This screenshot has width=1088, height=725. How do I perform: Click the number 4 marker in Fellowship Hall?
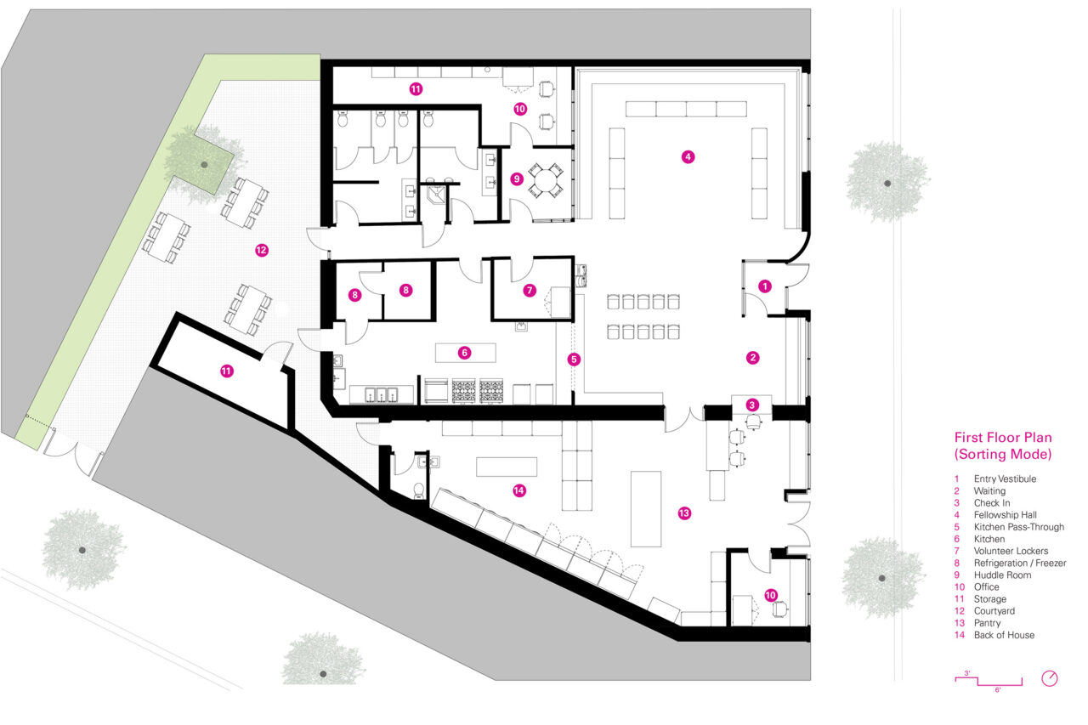coord(688,156)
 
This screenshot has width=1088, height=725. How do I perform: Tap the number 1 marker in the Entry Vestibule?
coord(764,286)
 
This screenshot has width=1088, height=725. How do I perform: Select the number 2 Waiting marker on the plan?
coord(752,358)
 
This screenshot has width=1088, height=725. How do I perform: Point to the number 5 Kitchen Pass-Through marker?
coord(574,360)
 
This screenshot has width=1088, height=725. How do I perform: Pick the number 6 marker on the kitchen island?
coord(464,352)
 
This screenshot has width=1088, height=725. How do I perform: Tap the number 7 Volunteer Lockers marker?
coord(530,290)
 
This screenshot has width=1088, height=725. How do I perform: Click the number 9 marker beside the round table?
coord(516,179)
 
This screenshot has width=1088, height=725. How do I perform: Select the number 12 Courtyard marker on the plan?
coord(261,250)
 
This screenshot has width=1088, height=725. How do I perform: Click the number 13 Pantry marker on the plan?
coord(684,513)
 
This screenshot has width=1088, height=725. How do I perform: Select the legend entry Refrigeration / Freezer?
coord(1020,563)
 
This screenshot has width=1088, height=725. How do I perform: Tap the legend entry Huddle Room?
coord(1002,575)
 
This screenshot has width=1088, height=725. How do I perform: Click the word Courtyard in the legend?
coord(994,611)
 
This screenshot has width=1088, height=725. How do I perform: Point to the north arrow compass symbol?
coord(1050,678)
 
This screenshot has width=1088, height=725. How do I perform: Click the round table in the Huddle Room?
coord(541,179)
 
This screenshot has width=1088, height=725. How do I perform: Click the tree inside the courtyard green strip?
coord(202,161)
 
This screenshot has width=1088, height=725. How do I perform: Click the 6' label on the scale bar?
coord(997,690)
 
